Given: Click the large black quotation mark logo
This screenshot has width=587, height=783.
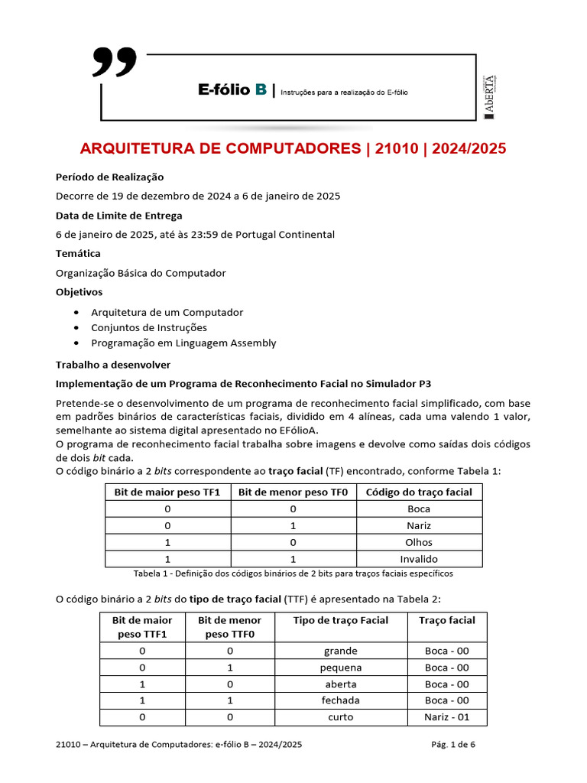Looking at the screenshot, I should (x=115, y=63).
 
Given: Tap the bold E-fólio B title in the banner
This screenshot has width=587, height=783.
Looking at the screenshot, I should (x=232, y=90).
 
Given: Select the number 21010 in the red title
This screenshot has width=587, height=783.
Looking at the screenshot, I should (x=397, y=148).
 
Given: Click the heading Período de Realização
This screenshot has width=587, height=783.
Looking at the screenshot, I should (x=109, y=177).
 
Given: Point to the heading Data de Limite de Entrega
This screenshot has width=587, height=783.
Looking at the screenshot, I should (x=118, y=215).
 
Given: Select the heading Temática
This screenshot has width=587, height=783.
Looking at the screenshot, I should (x=78, y=253).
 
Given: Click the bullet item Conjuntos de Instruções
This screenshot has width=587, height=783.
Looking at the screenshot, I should (x=149, y=327).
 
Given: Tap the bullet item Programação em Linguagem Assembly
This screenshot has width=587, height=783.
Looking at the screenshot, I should (x=183, y=343).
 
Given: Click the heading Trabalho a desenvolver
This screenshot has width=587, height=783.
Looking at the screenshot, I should (x=113, y=365).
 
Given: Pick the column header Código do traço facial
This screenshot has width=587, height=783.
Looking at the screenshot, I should (x=419, y=492).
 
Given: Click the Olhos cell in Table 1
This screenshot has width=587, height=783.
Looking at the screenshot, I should (x=419, y=542).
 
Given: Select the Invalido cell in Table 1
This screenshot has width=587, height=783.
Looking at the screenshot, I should (x=419, y=559).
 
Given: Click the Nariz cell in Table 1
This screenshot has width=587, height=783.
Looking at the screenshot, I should (x=419, y=525).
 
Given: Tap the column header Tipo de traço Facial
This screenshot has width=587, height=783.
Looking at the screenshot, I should (x=341, y=620).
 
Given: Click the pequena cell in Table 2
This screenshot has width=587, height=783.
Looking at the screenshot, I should (x=341, y=668).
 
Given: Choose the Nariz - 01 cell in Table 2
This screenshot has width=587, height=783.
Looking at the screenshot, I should (x=446, y=717).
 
